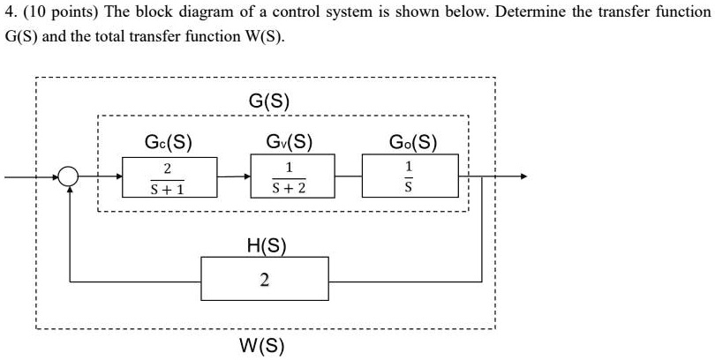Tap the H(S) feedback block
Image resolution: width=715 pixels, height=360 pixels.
tap(265, 279)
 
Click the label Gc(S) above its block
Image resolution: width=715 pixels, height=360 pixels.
tap(169, 141)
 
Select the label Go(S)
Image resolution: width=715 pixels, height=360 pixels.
tap(411, 141)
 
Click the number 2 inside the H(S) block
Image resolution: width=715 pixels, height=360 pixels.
tap(265, 281)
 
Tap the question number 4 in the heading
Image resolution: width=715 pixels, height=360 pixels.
tap(9, 13)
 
